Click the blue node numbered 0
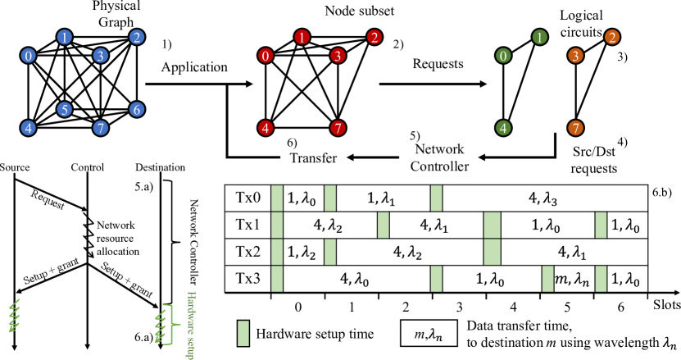tap(29, 56)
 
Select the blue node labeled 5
tap(65, 109)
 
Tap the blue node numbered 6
tap(137, 109)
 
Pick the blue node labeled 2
tap(137, 37)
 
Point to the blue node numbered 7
tap(101, 128)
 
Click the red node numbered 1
tap(302, 37)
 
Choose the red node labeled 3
tap(338, 56)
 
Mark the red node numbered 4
tap(266, 128)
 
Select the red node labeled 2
tap(375, 37)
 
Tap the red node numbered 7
tap(338, 128)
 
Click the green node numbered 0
tap(503, 56)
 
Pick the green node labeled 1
tap(539, 37)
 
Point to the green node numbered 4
tap(503, 128)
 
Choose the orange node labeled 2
tap(612, 37)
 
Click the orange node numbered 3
tap(576, 56)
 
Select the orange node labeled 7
tap(576, 128)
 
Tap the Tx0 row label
tap(247, 198)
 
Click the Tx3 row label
tap(247, 279)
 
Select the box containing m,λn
tap(429, 333)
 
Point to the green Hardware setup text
tap(191, 324)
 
